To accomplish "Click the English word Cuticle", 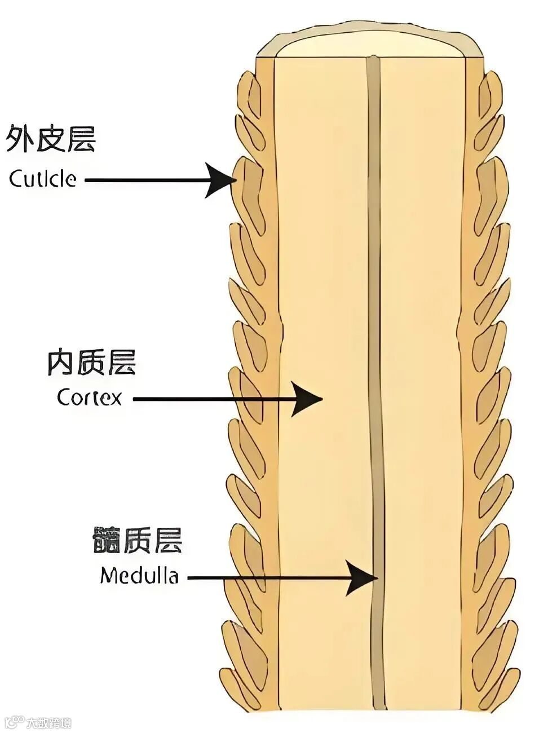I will [x=42, y=179].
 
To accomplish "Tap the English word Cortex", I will [x=89, y=398].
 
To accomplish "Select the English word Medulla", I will [x=139, y=576].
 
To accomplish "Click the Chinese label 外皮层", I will [x=51, y=139].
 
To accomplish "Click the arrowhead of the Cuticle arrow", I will [x=222, y=180].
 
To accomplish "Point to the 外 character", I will [x=20, y=139].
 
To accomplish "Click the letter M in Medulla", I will [x=109, y=576].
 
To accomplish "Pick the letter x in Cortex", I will [x=116, y=399].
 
